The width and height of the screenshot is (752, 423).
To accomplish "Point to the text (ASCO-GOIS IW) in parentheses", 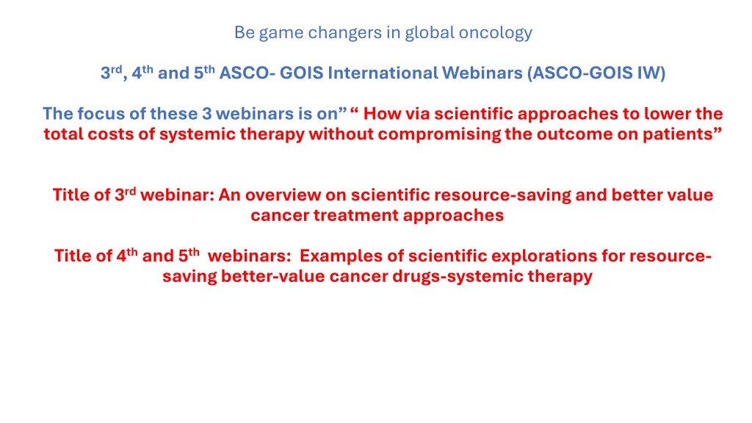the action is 596,73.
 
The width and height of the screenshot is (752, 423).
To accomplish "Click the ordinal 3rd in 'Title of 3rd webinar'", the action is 125,194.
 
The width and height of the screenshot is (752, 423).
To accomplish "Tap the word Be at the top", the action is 244,32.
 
